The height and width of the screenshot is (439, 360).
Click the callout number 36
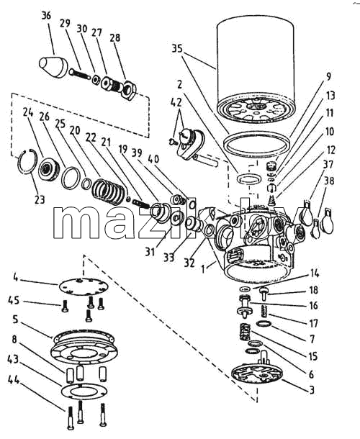pyautogui.click(x=46, y=16)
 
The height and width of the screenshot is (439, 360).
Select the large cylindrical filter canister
pyautogui.click(x=255, y=71)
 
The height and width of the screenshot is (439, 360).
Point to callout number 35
pyautogui.click(x=177, y=49)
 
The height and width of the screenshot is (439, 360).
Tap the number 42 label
pyautogui.click(x=176, y=102)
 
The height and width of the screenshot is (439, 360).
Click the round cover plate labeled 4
pyautogui.click(x=84, y=287)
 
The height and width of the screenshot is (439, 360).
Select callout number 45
pyautogui.click(x=14, y=300)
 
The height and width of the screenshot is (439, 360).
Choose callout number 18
pyautogui.click(x=313, y=290)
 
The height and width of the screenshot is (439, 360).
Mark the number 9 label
pyautogui.click(x=328, y=76)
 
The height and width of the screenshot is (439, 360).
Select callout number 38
pyautogui.click(x=329, y=181)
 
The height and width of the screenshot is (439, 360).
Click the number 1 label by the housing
pyautogui.click(x=203, y=269)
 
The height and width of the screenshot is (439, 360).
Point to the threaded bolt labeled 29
pyautogui.click(x=79, y=74)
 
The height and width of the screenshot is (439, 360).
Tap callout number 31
pyautogui.click(x=150, y=253)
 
